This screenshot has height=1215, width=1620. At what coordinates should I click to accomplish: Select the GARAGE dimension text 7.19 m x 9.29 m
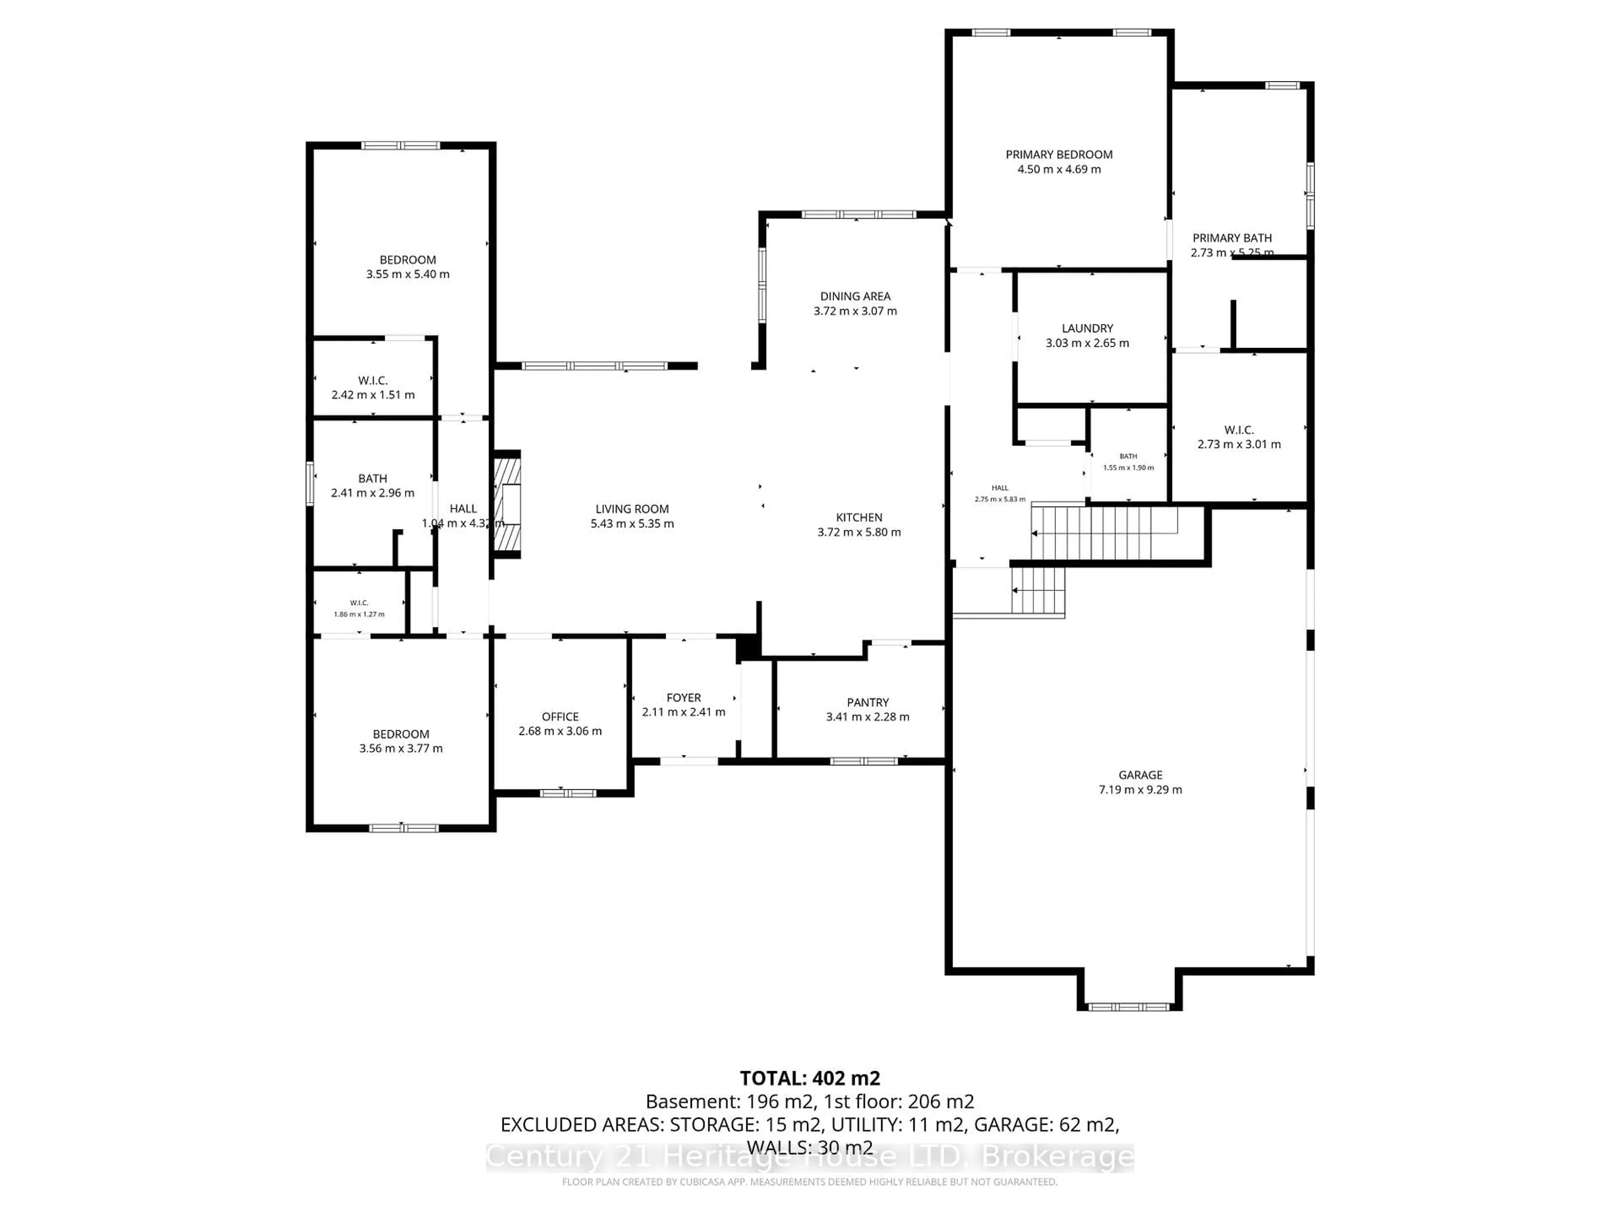tap(1140, 789)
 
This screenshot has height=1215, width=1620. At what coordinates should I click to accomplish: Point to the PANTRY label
tap(868, 702)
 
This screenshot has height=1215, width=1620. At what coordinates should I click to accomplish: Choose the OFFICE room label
tap(560, 716)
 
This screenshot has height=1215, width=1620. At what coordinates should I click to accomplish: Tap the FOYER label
tap(683, 697)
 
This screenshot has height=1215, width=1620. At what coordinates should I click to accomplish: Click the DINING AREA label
tap(855, 296)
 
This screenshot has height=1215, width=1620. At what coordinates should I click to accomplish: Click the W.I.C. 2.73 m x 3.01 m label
tap(1239, 437)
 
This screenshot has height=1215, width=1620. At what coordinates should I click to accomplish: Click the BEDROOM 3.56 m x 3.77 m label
tap(401, 740)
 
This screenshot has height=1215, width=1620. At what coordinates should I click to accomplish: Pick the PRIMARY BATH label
tap(1232, 238)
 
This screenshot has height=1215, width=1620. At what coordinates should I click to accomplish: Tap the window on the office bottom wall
tap(567, 792)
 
